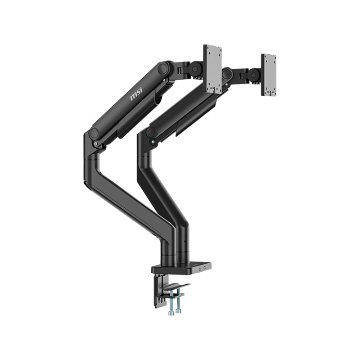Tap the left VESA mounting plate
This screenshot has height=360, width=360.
click(212, 68)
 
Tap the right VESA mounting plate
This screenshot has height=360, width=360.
click(269, 75)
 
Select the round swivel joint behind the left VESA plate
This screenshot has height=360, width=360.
click(196, 69)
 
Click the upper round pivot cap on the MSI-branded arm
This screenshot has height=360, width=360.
click(163, 68)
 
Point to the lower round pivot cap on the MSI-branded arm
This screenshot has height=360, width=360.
click(94, 133)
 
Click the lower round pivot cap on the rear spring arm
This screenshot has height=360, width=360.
click(152, 132)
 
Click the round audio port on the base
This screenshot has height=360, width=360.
click(199, 269)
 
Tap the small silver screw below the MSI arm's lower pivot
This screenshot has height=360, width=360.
click(95, 144)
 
